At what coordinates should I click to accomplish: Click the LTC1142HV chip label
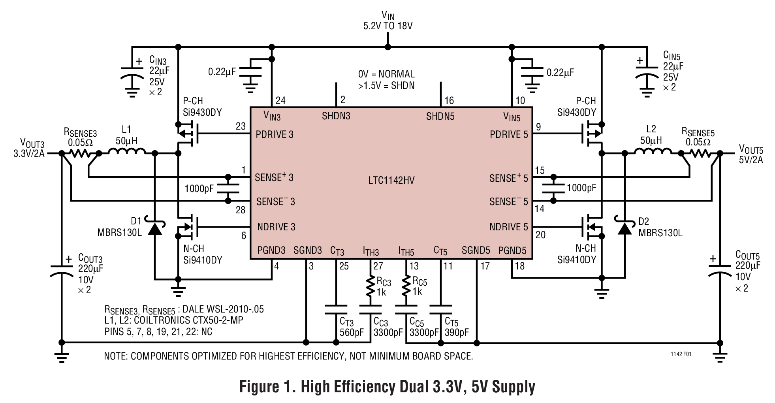[391, 181]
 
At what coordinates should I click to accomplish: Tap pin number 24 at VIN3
[280, 100]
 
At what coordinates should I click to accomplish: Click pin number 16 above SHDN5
[449, 100]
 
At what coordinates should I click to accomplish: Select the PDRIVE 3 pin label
[275, 134]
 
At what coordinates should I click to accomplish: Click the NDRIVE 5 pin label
[508, 227]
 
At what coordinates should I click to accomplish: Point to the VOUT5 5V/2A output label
[751, 154]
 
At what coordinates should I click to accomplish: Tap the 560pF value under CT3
[352, 332]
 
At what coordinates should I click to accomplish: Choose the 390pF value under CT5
[457, 332]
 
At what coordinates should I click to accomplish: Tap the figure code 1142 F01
[681, 354]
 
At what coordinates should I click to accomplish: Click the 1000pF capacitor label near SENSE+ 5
[581, 188]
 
